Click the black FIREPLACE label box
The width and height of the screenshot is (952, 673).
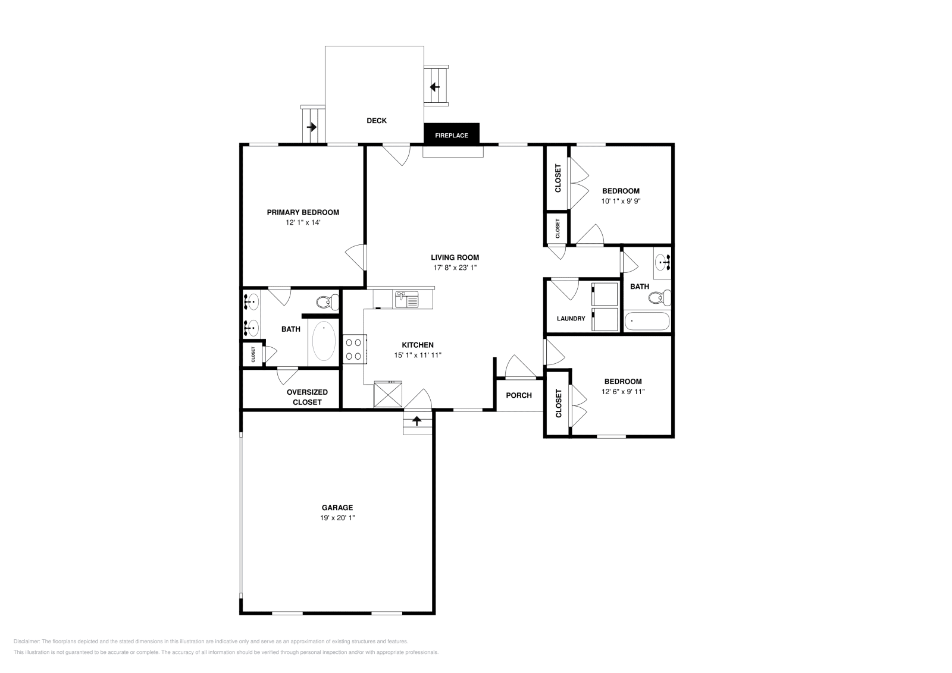pos(451,136)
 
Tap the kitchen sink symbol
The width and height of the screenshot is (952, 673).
pos(406,299)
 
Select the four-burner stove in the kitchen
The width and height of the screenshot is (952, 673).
pos(354,348)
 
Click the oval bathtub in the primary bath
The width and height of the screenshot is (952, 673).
pos(324,342)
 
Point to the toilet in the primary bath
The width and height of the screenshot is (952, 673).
pos(326,302)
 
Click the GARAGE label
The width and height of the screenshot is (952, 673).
pos(337,508)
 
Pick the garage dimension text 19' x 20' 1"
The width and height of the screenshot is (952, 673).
pos(337,518)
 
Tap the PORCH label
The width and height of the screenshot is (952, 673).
pos(519,395)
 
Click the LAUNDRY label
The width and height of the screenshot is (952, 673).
pos(571,319)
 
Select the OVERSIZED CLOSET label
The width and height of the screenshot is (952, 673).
pos(307,397)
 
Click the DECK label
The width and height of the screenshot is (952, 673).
pos(376,121)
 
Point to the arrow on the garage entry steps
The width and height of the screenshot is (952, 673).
pos(416,421)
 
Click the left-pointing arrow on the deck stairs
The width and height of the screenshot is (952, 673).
pos(434,87)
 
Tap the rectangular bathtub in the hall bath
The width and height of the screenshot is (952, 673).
pos(646,322)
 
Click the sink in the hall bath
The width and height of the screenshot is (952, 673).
pos(662,262)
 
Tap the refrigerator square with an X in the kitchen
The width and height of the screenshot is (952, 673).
pos(388,394)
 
